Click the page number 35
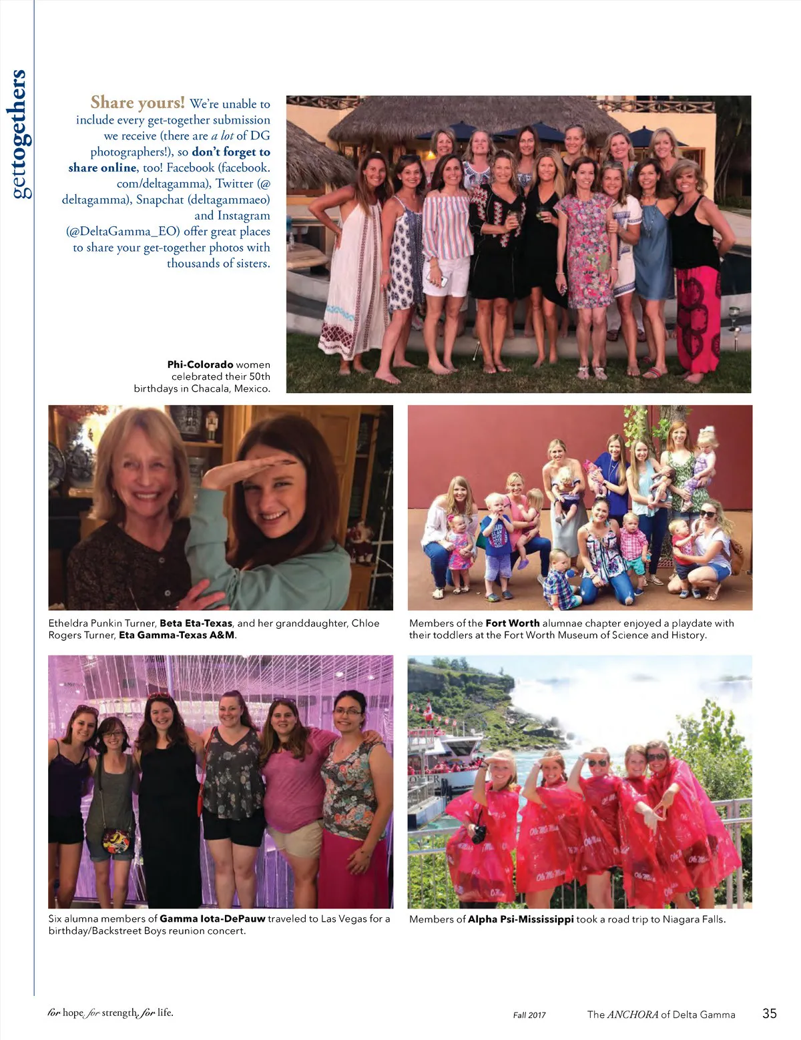tap(769, 1013)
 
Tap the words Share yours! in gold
tap(138, 102)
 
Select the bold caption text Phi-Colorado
tap(200, 364)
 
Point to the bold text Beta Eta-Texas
tap(196, 623)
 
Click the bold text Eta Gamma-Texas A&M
tap(177, 635)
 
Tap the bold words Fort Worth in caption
tap(512, 623)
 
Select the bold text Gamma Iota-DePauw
tap(212, 919)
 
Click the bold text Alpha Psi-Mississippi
tap(521, 919)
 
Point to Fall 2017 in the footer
tap(529, 1015)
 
